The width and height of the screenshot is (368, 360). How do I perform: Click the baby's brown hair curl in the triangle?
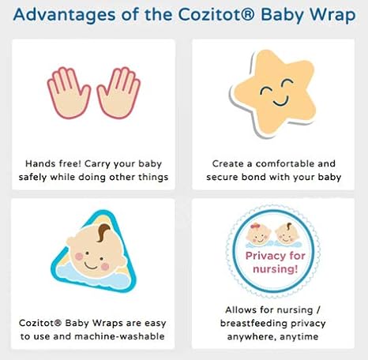tap(106, 234)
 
